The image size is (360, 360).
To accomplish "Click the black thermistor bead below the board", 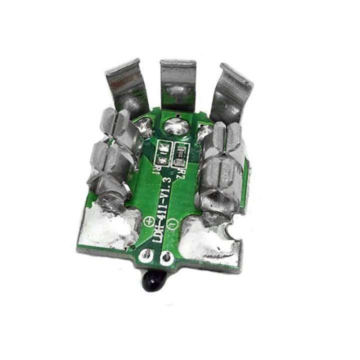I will tap(154, 276).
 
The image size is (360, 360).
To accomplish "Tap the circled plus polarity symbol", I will tap(148, 220).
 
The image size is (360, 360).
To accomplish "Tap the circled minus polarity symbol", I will tap(171, 221).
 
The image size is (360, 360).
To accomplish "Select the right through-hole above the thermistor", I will tap(167, 258).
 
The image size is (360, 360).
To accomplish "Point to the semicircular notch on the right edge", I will tap(231, 231).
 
